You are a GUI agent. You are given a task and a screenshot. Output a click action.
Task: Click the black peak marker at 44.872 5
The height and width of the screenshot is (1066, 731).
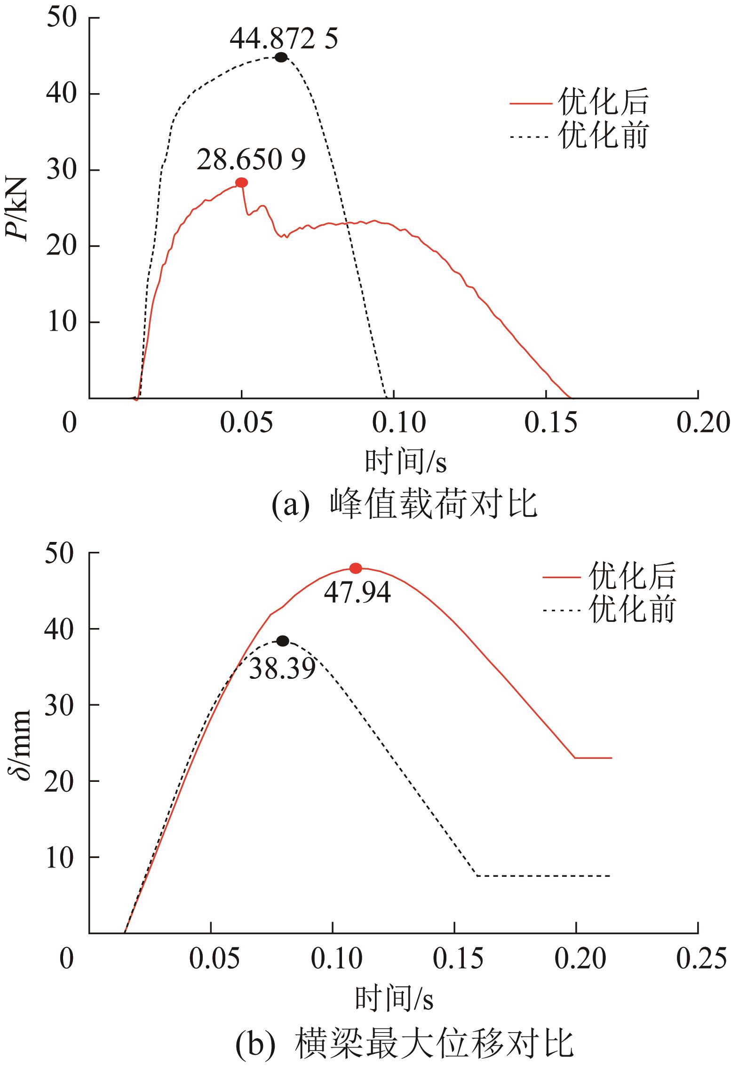[281, 57]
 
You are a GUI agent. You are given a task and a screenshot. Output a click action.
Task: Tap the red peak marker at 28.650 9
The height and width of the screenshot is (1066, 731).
[241, 183]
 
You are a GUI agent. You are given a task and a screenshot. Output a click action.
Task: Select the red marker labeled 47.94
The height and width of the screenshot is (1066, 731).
[356, 568]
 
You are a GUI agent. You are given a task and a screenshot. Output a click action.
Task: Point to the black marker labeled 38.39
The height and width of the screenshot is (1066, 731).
[282, 641]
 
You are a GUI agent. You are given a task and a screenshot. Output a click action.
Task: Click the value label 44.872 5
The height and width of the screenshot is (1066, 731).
[284, 40]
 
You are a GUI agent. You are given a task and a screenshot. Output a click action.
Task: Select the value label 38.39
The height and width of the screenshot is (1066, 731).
[282, 668]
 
